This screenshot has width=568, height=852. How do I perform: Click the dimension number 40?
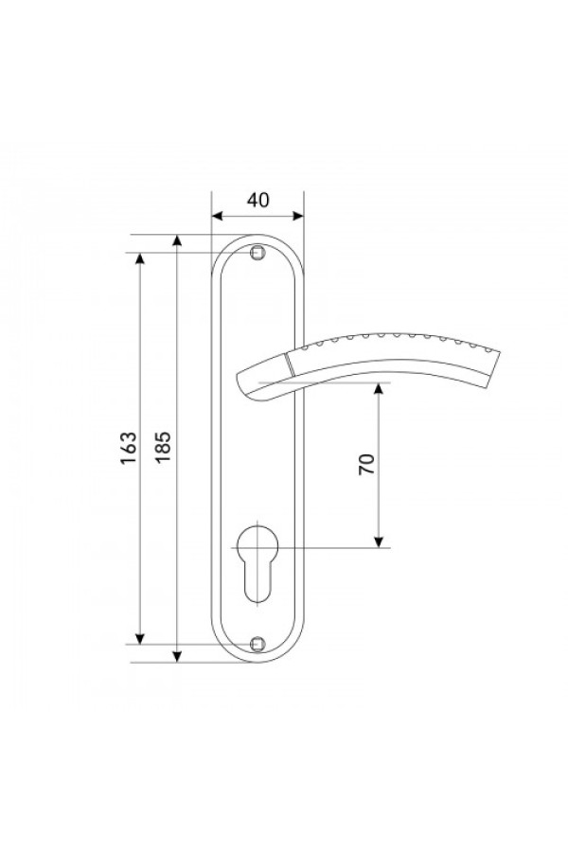tap(257, 200)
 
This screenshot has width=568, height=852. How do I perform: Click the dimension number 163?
tap(129, 449)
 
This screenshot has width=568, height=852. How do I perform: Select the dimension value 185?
tap(163, 447)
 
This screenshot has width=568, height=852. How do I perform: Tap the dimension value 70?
tap(367, 464)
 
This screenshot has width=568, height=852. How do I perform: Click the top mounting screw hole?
tap(257, 253)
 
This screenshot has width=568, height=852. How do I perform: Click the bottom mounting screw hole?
tap(257, 645)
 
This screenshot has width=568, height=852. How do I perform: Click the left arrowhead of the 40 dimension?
tap(218, 216)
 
